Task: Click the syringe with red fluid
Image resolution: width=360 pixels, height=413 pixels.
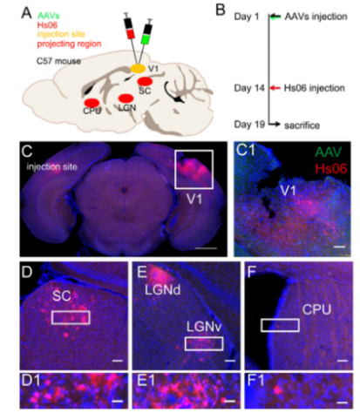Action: pyautogui.click(x=129, y=27)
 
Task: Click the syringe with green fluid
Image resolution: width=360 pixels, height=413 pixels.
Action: pyautogui.click(x=146, y=32)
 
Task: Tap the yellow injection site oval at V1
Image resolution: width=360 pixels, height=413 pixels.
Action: pyautogui.click(x=138, y=69)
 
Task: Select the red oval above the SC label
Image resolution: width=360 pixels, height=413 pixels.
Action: pyautogui.click(x=145, y=81)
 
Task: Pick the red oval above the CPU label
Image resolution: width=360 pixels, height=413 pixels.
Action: pyautogui.click(x=92, y=103)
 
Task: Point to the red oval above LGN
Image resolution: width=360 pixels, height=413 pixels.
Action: pyautogui.click(x=126, y=98)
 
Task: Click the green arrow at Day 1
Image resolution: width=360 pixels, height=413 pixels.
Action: pyautogui.click(x=275, y=17)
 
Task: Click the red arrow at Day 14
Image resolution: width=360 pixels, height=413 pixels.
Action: pyautogui.click(x=275, y=88)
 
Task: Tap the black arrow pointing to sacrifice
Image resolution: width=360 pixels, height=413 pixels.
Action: pyautogui.click(x=275, y=125)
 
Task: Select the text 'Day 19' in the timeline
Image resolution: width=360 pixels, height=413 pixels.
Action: pyautogui.click(x=249, y=125)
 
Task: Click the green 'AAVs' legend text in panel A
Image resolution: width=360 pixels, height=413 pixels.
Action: pyautogui.click(x=49, y=16)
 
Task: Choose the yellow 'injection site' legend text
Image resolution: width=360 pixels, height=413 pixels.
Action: pyautogui.click(x=61, y=34)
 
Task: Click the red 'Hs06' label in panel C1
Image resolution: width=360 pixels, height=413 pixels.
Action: pyautogui.click(x=331, y=168)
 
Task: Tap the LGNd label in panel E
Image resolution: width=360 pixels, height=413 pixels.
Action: pyautogui.click(x=162, y=290)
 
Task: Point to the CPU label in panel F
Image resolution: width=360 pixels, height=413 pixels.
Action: pyautogui.click(x=316, y=309)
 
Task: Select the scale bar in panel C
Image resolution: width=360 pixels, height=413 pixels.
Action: pyautogui.click(x=206, y=248)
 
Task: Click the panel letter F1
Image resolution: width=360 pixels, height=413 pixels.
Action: pyautogui.click(x=255, y=381)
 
